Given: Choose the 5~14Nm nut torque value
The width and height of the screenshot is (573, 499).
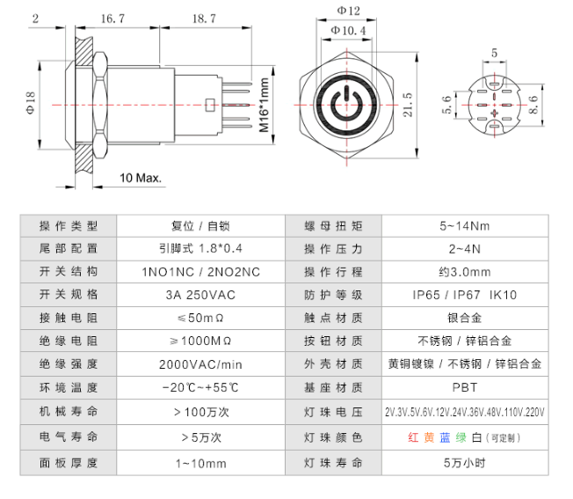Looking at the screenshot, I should [x=464, y=225].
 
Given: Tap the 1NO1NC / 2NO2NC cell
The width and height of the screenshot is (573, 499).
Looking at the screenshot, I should [x=199, y=271].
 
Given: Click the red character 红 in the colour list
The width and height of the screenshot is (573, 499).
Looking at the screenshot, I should [x=413, y=437].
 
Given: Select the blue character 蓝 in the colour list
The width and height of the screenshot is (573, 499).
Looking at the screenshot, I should [x=445, y=437].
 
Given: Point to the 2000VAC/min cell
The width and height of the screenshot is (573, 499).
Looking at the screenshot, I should [x=199, y=363].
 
